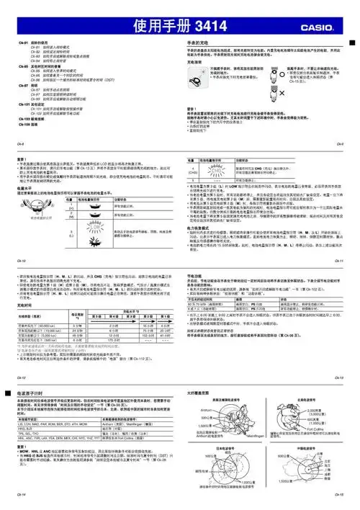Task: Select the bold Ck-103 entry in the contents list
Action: click(36, 117)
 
